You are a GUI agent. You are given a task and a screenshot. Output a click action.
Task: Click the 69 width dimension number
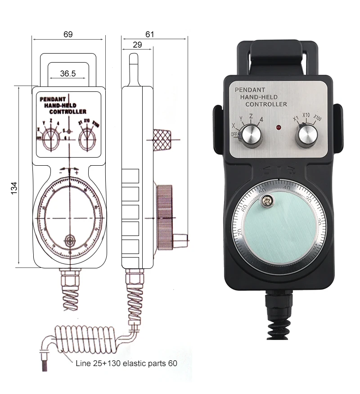(x=67, y=34)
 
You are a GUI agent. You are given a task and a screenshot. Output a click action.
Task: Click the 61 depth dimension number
(x=150, y=34)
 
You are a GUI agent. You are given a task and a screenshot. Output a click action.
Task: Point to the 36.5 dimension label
(x=67, y=73)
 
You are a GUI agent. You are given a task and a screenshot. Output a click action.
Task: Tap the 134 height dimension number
(x=13, y=188)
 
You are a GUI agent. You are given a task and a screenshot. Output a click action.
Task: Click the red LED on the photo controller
(x=279, y=128)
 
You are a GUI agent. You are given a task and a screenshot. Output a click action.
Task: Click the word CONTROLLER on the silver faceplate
(x=266, y=104)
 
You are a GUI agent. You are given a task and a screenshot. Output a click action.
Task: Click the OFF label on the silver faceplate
(x=234, y=134)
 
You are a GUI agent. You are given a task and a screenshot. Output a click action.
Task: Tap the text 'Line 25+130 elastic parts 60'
(x=121, y=363)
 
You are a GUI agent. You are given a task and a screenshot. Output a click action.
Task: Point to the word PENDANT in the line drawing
(x=53, y=99)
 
